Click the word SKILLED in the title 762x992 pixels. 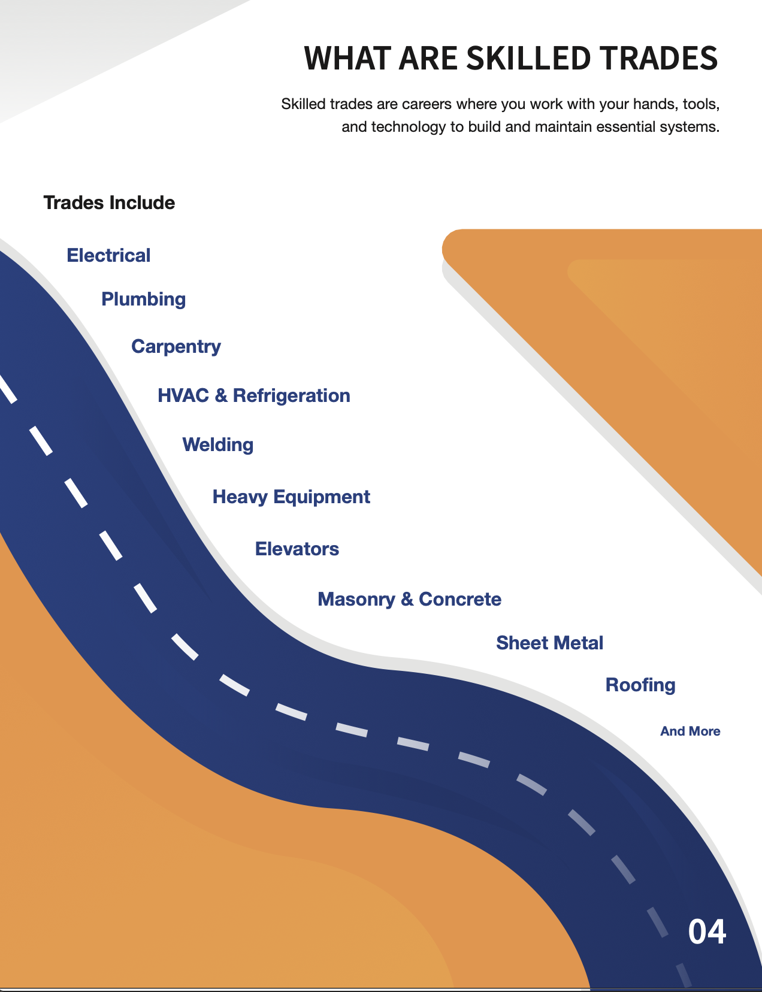pos(528,58)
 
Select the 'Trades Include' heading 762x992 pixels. pos(109,203)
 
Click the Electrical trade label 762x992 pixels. pos(108,256)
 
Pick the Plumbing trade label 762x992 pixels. pos(143,299)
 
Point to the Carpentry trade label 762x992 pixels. pos(176,347)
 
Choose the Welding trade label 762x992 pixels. pos(217,445)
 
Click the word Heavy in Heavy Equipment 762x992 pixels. pos(240,497)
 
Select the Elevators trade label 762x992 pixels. pos(297,549)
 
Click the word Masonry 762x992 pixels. pos(356,600)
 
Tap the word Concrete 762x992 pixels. pos(460,600)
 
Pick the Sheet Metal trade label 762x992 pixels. pos(549,643)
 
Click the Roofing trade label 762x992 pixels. pos(640,685)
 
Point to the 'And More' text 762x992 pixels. pos(690,731)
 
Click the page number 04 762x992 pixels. pos(707,932)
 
